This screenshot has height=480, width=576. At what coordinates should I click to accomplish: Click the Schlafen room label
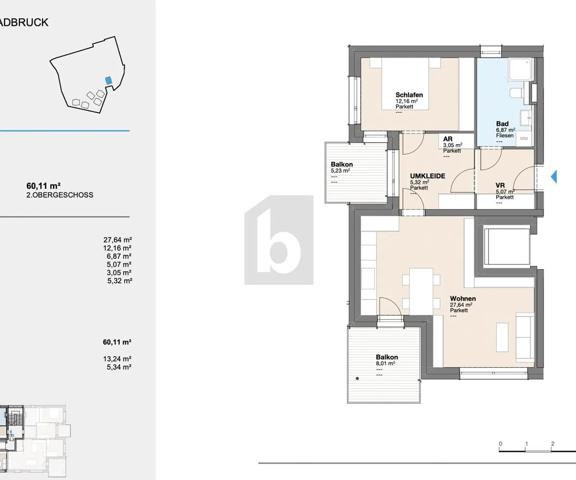(409, 95)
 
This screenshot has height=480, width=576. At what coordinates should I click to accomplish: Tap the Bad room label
(502, 124)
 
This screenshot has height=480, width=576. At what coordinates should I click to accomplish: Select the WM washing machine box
(524, 139)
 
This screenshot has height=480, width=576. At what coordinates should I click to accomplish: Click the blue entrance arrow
(553, 177)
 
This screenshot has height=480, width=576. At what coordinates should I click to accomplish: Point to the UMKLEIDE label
(428, 176)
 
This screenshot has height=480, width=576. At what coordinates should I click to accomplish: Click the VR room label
(500, 185)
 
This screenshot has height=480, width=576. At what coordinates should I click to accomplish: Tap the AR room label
(448, 139)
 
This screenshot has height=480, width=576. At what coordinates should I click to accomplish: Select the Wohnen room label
(463, 299)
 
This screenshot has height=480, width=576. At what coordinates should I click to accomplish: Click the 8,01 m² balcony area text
(385, 363)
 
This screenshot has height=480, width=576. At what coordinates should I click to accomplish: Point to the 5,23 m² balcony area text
(340, 170)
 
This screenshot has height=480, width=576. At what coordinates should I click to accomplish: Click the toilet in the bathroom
(516, 93)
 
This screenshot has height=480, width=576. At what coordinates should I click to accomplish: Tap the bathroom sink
(526, 118)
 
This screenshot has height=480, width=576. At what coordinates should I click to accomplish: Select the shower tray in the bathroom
(520, 69)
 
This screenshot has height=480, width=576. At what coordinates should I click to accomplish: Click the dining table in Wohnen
(421, 291)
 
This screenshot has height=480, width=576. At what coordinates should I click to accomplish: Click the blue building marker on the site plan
(108, 81)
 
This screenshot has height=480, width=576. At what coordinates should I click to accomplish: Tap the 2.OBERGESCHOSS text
(60, 195)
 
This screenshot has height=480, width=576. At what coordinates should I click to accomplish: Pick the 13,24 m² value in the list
(117, 359)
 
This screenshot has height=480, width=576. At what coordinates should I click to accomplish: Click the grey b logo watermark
(279, 240)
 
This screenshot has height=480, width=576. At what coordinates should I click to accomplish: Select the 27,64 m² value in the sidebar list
(118, 240)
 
